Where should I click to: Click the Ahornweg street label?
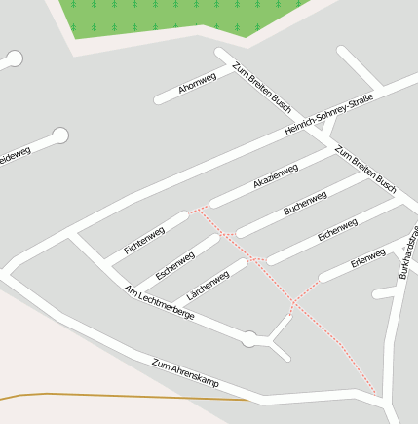[x=197, y=85]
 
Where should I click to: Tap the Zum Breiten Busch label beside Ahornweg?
[x=261, y=87]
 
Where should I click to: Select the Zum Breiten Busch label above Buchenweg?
[x=364, y=169]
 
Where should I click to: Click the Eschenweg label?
[x=175, y=265]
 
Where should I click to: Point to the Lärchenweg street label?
[x=207, y=284]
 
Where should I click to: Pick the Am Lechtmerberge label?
[x=160, y=303]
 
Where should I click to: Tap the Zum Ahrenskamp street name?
[x=185, y=369]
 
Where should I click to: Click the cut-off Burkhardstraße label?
[x=408, y=252]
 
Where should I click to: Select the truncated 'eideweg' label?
[x=15, y=154]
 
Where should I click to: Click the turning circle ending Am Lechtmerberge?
[x=250, y=338]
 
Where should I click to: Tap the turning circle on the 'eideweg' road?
[x=60, y=135]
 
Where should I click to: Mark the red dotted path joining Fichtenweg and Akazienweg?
[x=200, y=208]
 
